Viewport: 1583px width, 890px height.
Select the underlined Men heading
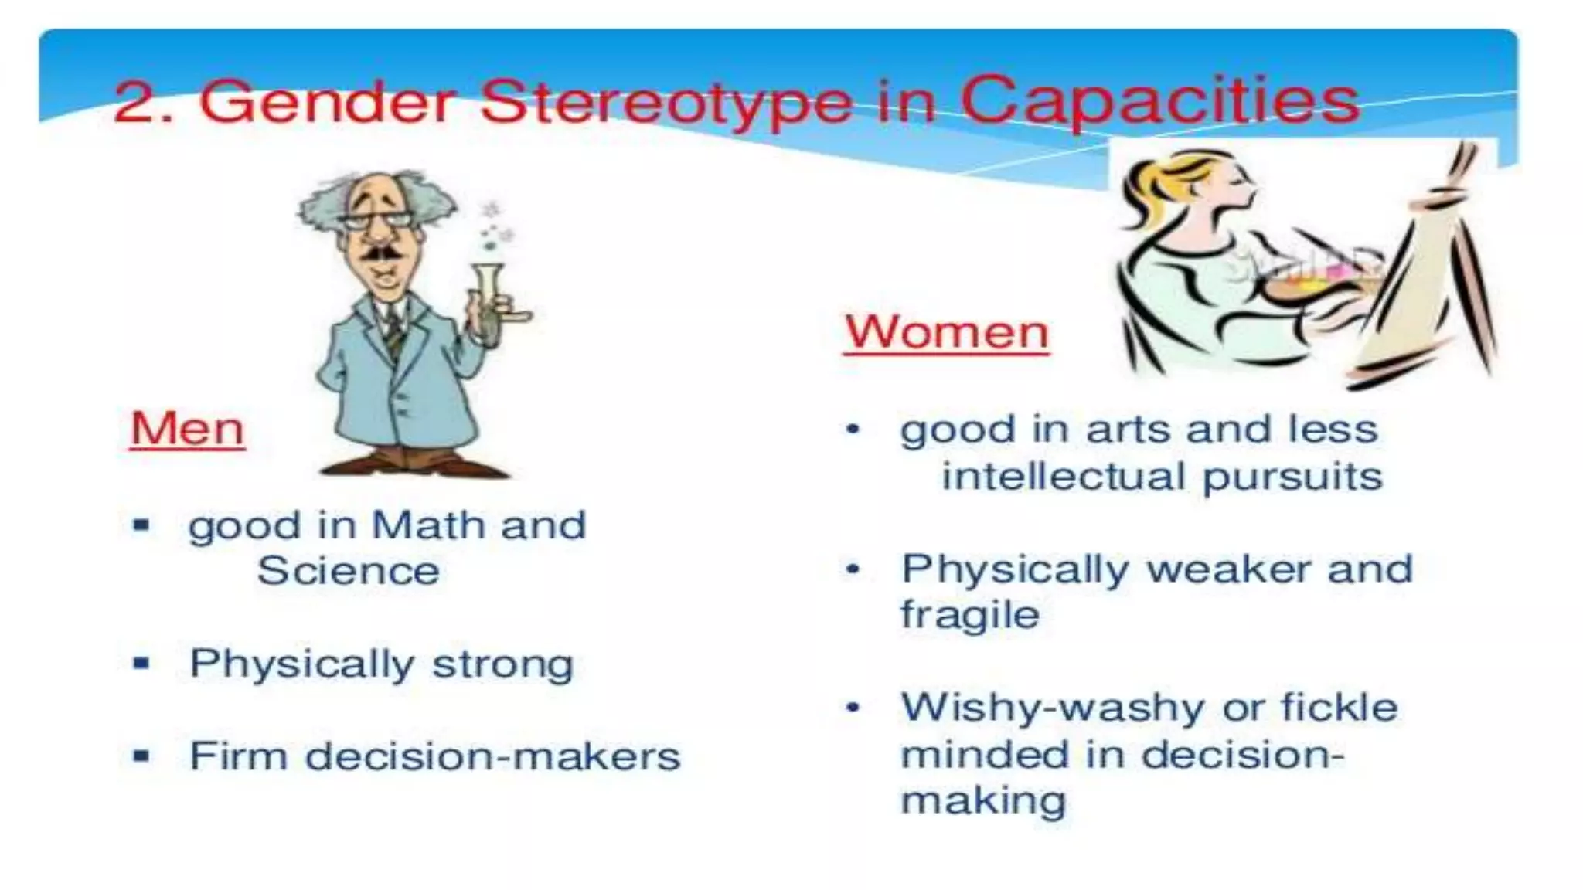(x=187, y=429)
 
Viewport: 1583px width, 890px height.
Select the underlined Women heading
(x=946, y=333)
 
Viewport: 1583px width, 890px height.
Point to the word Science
(x=348, y=572)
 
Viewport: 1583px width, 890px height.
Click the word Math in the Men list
(x=430, y=525)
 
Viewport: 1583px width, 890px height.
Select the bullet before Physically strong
(x=141, y=664)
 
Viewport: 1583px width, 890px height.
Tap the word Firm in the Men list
(x=238, y=756)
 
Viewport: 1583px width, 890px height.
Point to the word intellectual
(x=1063, y=477)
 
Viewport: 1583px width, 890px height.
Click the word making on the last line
(x=982, y=800)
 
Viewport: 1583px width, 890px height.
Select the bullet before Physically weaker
(x=853, y=570)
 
